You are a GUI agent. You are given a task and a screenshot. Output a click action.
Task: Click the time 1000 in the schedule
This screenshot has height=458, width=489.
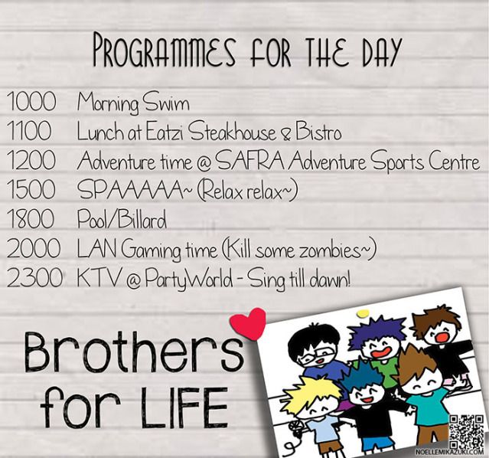[x=31, y=101]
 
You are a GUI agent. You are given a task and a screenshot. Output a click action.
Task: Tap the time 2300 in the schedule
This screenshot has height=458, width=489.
[x=34, y=278]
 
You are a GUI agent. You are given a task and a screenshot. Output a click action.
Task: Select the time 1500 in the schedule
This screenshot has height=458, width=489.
[x=31, y=189]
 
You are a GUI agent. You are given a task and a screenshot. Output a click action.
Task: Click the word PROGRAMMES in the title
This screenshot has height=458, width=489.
[x=165, y=51]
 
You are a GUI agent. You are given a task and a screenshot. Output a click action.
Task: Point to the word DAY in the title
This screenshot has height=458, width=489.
[x=381, y=51]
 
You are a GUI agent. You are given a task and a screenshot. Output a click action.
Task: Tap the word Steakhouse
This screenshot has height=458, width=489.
[x=233, y=132]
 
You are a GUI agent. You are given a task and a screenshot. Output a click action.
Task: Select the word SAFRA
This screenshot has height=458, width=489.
[x=249, y=162]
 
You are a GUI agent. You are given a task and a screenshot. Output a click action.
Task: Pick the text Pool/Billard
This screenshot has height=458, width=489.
[x=122, y=219]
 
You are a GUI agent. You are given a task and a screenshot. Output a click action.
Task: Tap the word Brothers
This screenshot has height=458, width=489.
[x=134, y=351]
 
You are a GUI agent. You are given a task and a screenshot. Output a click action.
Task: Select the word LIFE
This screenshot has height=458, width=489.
[x=184, y=407]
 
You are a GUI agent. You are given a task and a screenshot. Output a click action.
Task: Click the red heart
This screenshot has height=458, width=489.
[x=249, y=323]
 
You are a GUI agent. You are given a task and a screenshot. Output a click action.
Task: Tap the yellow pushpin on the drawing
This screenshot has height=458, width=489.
[x=363, y=312]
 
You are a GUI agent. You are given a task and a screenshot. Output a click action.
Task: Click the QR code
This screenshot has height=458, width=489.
[x=467, y=432]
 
